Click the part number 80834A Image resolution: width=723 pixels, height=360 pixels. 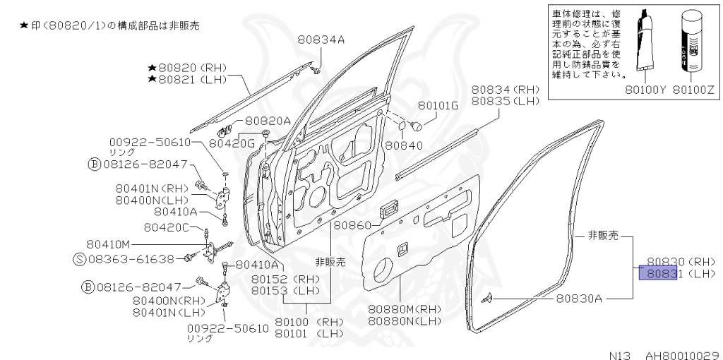321,40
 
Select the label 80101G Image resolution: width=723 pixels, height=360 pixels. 438,106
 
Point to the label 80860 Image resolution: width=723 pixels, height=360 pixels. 352,226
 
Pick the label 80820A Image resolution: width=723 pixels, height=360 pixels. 268,121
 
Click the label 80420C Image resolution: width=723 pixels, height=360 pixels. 167,227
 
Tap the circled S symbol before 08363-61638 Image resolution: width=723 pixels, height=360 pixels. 80,260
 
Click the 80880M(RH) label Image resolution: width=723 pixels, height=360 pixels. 404,309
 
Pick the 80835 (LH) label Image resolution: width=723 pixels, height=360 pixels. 505,102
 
